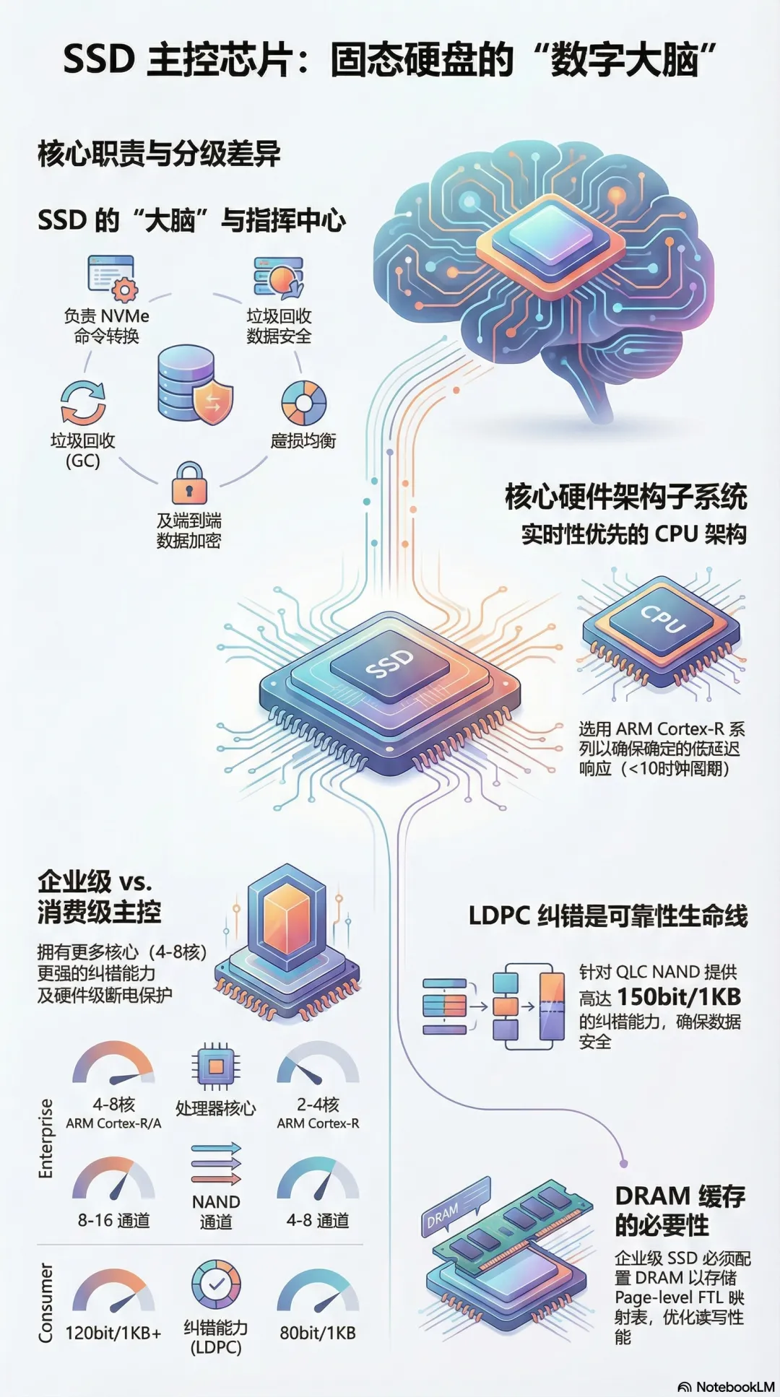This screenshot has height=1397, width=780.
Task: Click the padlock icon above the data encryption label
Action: click(189, 483)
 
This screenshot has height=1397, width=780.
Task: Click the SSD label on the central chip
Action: click(390, 663)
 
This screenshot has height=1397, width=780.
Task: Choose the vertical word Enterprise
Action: click(45, 1139)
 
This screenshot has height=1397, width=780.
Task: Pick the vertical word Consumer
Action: click(45, 1302)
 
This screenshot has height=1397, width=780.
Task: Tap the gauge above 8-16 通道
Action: click(113, 1179)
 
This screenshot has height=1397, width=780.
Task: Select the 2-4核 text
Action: click(318, 1105)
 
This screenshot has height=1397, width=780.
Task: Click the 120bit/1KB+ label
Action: click(113, 1333)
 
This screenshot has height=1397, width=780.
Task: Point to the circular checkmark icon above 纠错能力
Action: click(215, 1284)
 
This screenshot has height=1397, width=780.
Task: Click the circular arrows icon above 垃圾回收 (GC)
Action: click(83, 401)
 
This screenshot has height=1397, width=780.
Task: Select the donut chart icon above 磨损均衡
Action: click(303, 403)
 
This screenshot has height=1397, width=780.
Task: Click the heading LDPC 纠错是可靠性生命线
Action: click(608, 916)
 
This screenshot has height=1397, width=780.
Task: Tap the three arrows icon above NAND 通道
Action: click(215, 1163)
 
